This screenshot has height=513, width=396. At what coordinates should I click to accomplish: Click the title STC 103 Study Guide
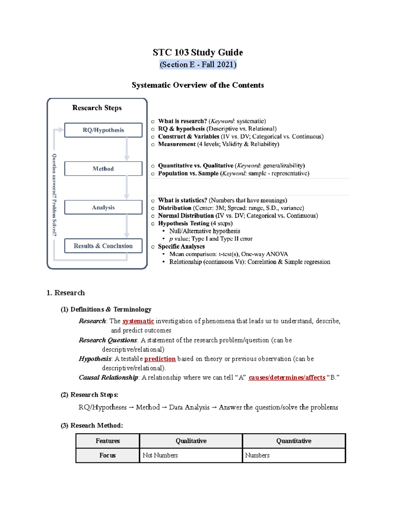click(198, 53)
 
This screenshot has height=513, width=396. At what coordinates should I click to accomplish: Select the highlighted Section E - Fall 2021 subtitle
click(198, 64)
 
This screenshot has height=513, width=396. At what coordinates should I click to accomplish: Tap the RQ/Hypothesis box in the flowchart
click(103, 130)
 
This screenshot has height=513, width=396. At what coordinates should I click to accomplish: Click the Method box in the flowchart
click(103, 169)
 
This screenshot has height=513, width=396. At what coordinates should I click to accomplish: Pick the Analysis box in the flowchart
click(103, 207)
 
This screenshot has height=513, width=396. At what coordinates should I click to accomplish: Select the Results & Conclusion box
click(103, 246)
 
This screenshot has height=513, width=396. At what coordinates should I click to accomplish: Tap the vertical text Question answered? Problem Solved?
click(54, 195)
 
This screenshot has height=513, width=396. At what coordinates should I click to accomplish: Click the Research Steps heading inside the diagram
click(97, 108)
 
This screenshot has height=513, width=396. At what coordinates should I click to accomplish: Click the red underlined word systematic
click(138, 321)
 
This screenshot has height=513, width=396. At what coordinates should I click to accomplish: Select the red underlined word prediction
click(160, 359)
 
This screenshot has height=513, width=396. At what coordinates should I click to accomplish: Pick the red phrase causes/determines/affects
click(287, 378)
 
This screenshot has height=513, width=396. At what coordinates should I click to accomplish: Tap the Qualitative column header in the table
click(191, 441)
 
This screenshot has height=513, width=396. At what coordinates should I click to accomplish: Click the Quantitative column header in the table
click(294, 441)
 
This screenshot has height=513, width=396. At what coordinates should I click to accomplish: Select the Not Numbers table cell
click(160, 456)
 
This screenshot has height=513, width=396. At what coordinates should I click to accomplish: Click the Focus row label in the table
click(108, 456)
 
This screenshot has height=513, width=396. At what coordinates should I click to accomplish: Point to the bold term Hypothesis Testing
click(183, 224)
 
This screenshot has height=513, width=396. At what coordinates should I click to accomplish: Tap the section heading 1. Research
click(66, 293)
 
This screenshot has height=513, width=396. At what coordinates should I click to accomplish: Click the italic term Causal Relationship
click(108, 378)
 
